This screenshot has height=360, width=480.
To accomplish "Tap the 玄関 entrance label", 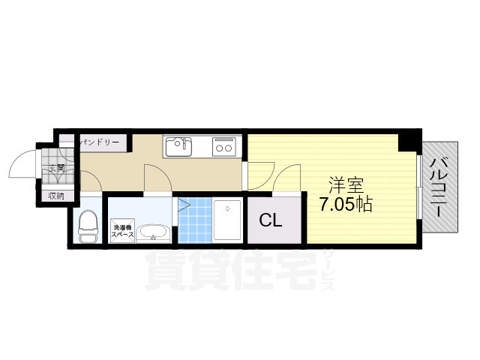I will point(58,168).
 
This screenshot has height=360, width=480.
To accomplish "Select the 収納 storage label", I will point(57,196).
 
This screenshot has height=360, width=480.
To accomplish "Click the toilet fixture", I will point(88,224).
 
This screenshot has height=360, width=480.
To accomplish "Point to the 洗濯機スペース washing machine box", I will point(123,229).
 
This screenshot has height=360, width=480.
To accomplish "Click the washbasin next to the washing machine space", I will point(154,232).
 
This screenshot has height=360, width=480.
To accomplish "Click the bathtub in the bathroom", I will point(226,220).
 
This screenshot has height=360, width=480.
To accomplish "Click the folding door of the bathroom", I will point(181,205).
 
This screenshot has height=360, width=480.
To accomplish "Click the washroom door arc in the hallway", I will point(157,178).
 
